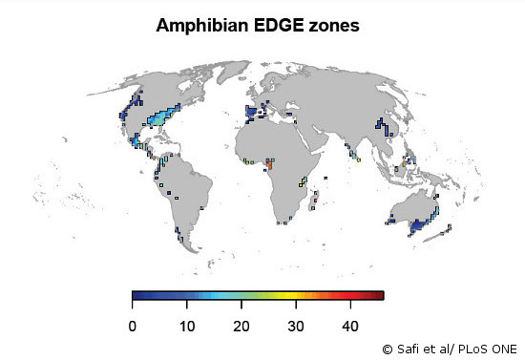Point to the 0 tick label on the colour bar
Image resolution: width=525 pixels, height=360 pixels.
133,327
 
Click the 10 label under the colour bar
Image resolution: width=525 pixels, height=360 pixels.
187,327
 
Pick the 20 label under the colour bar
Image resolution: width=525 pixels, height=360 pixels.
241,327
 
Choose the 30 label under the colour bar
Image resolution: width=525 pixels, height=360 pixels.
296,327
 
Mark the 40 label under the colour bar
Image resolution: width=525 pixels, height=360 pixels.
350,327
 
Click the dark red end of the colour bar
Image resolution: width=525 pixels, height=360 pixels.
381,296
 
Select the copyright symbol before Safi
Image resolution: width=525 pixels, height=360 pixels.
388,349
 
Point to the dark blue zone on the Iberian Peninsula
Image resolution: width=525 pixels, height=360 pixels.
251,114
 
